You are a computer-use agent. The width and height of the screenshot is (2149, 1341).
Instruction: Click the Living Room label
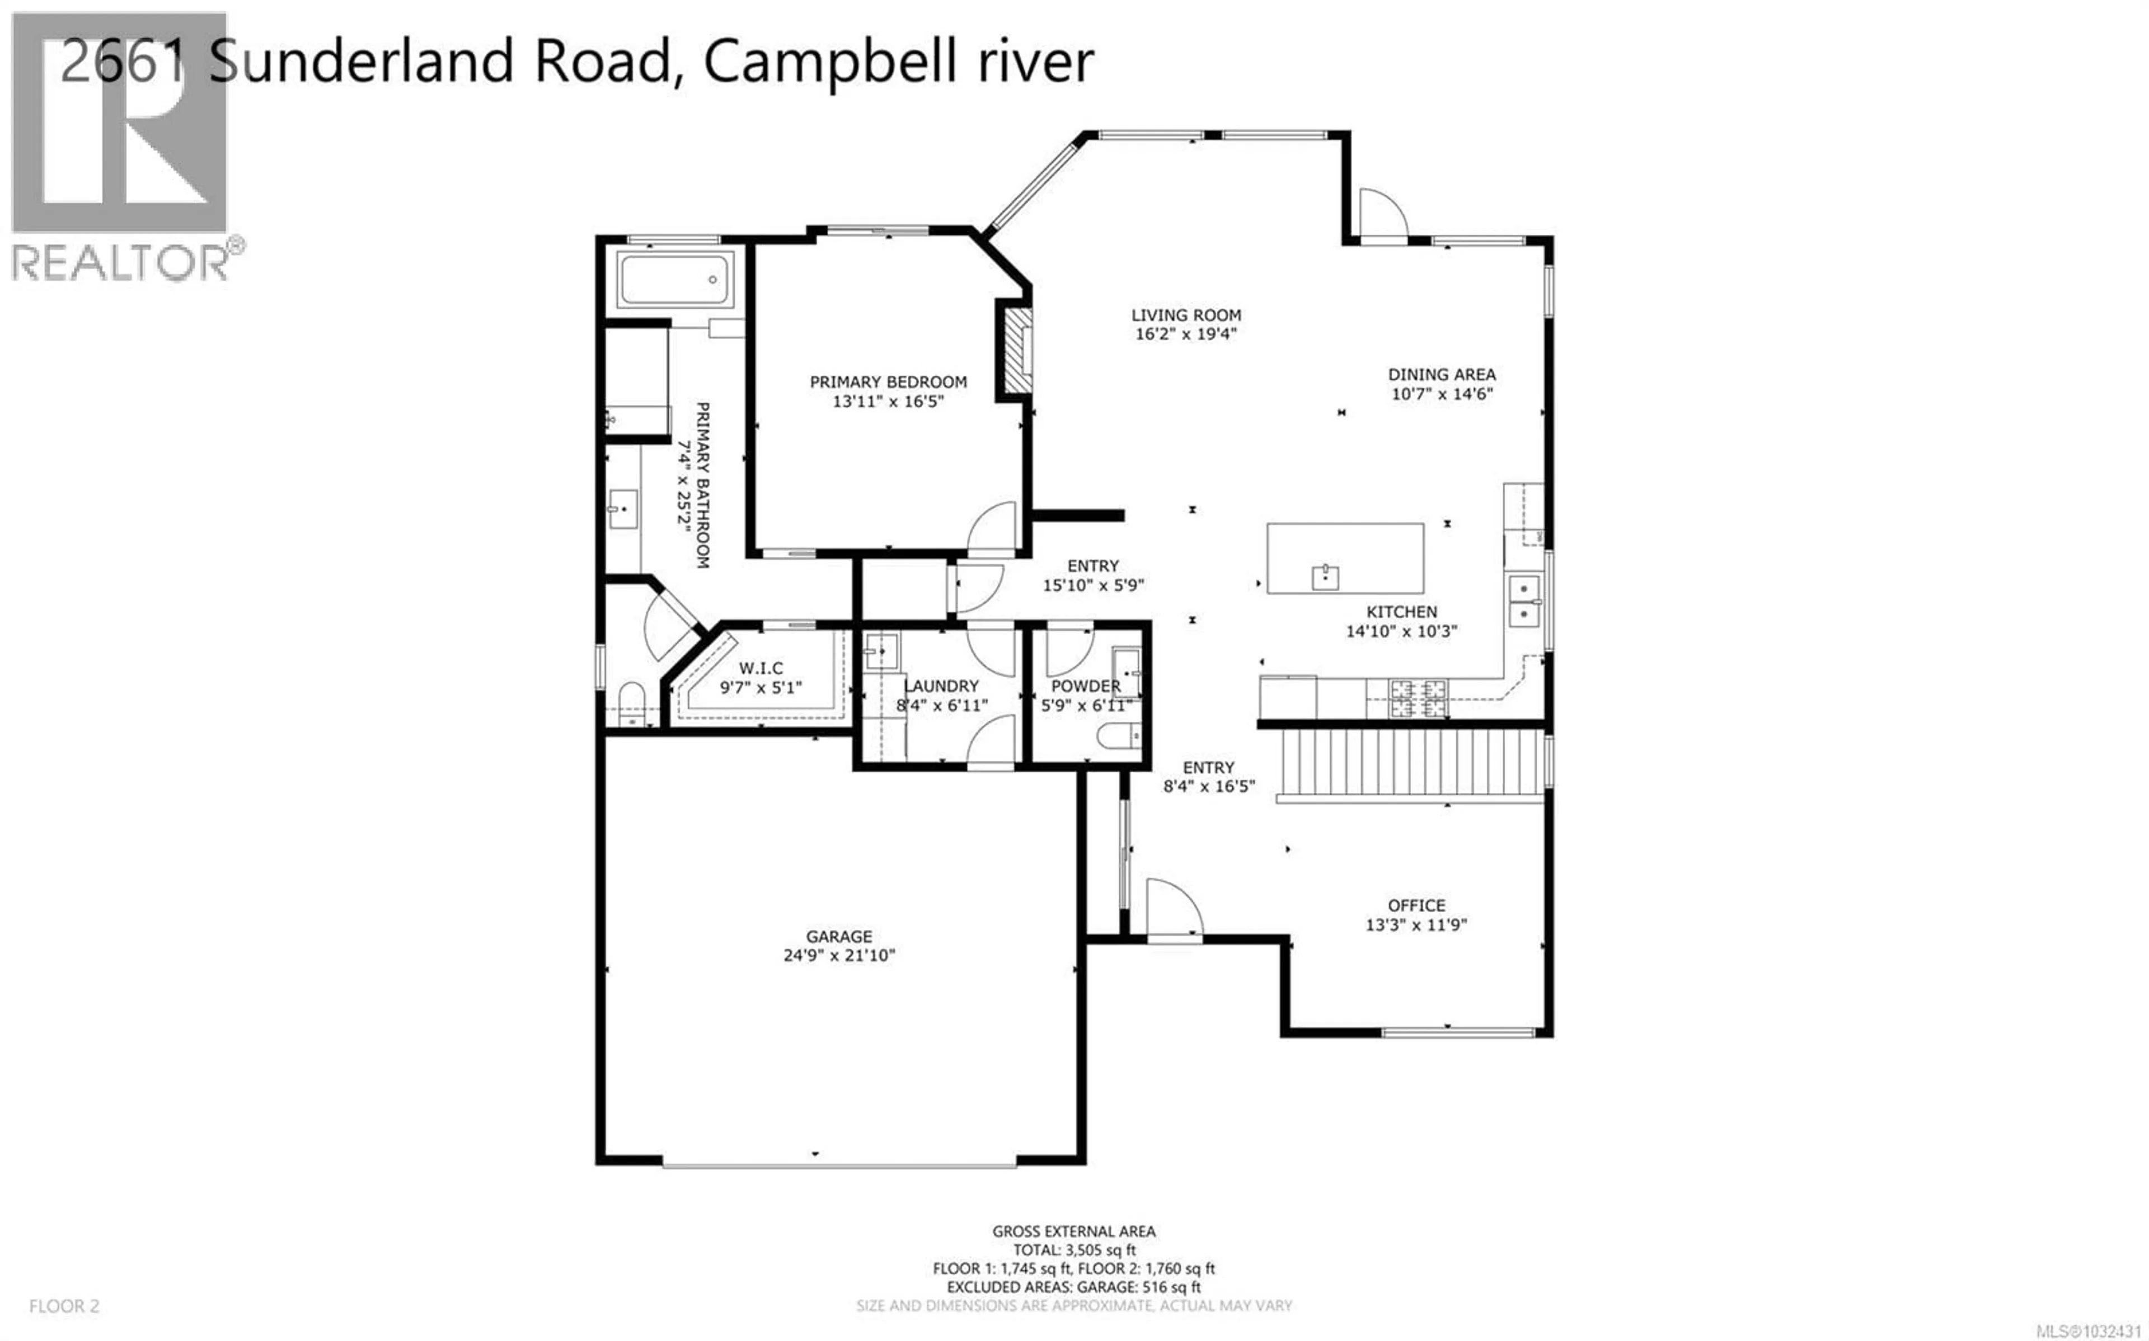[x=1185, y=315]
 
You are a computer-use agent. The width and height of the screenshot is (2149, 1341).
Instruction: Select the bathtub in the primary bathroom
[x=676, y=280]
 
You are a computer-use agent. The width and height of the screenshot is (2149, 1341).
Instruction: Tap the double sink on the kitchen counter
[x=1524, y=601]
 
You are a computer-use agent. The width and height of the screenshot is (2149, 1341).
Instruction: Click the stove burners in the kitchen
[x=1418, y=697]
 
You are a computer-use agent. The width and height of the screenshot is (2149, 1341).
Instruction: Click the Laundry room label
[x=941, y=686]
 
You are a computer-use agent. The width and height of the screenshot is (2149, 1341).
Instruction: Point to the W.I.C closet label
[x=761, y=668]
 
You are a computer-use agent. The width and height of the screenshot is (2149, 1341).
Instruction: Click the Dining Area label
[x=1441, y=374]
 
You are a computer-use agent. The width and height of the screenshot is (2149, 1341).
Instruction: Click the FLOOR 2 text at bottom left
[x=64, y=1306]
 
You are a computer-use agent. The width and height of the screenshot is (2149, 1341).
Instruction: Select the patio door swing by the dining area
[x=1382, y=215]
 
